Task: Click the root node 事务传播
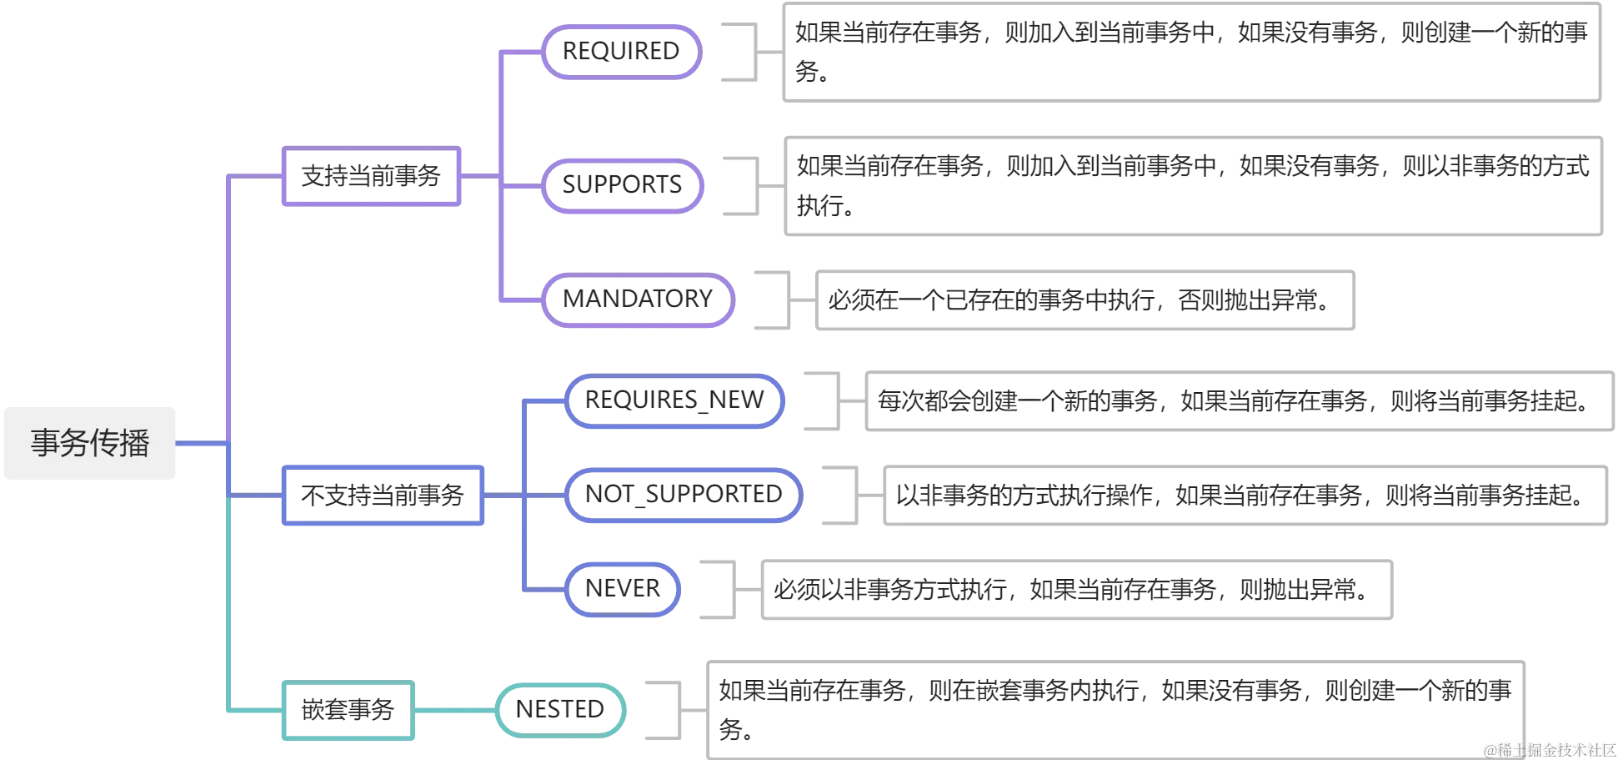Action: tap(90, 443)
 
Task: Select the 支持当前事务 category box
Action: tap(371, 176)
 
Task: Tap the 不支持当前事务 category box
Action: tap(383, 496)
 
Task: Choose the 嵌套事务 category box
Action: tap(348, 710)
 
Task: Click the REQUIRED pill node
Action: tap(621, 52)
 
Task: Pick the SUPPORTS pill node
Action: tap(622, 185)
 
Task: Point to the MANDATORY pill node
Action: tap(638, 299)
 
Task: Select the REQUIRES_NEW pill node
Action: tap(674, 400)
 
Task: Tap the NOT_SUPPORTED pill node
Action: tap(684, 495)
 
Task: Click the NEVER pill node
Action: tap(622, 589)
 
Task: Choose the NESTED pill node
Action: tap(559, 710)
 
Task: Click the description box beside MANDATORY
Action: tap(1085, 300)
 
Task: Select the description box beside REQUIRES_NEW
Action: tap(1240, 401)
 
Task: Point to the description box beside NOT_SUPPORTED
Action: tap(1245, 496)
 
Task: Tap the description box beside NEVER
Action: tap(1076, 590)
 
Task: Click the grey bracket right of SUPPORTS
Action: tap(754, 186)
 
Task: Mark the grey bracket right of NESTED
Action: tap(677, 710)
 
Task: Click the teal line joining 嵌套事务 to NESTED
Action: tap(455, 711)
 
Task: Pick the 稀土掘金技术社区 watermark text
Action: tap(1550, 750)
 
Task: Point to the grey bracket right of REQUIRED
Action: tap(753, 53)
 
